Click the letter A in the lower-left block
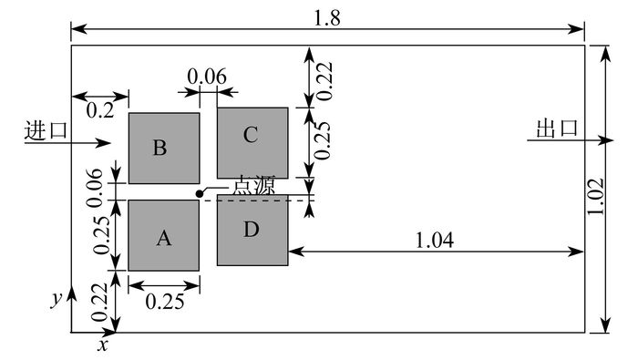point(163,238)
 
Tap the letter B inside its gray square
point(159,148)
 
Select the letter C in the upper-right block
point(251,135)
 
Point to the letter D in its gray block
point(251,230)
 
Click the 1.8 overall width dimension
point(327,18)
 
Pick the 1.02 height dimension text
point(596,197)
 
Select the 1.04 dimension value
point(434,240)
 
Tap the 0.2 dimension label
point(100,110)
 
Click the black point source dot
point(199,194)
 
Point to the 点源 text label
point(254,186)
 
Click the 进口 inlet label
point(46,130)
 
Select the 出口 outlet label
point(557,129)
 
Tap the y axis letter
point(57,299)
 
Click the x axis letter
point(103,345)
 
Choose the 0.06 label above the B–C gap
point(207,77)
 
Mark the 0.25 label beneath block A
point(165,302)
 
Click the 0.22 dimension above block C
point(325,81)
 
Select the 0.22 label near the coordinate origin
point(100,303)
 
